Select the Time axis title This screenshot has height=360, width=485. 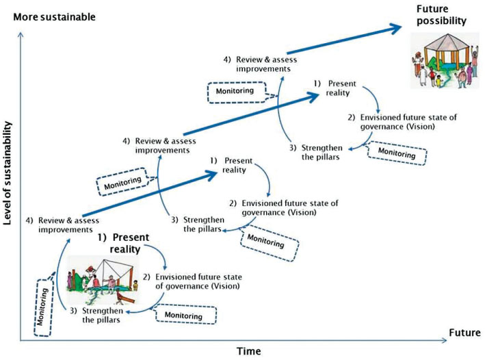tap(248, 351)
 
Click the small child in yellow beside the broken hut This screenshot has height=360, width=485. tap(135, 285)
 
